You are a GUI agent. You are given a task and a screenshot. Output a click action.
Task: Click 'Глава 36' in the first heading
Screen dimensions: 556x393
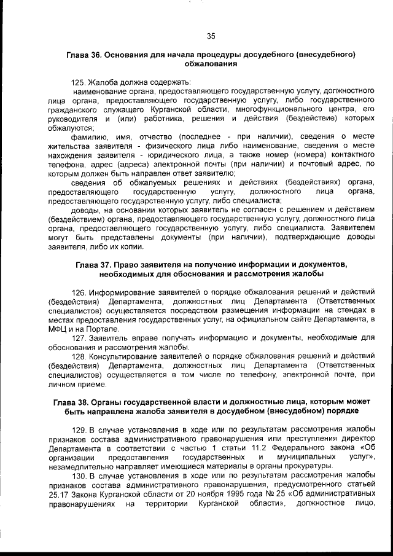(x=84, y=55)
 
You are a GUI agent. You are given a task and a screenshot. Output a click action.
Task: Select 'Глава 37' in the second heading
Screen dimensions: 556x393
(x=93, y=265)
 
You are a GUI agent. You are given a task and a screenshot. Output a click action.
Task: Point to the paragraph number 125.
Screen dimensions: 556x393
(x=79, y=82)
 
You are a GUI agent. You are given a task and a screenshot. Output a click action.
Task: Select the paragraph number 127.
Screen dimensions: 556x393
(x=80, y=339)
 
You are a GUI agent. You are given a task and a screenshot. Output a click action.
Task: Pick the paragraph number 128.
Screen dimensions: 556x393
(x=80, y=356)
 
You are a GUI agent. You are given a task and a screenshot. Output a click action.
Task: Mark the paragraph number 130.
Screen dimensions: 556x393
(x=80, y=476)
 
